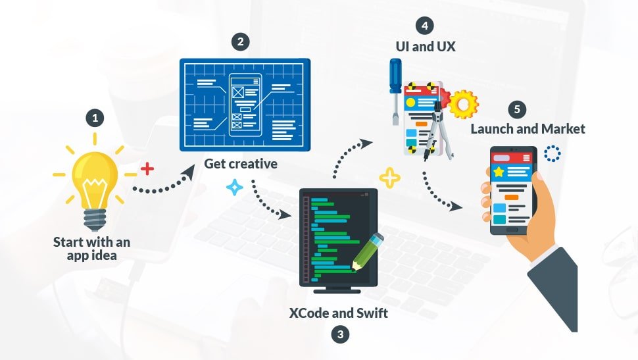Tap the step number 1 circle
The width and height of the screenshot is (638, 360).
pyautogui.click(x=95, y=118)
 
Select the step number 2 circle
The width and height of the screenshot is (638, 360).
pyautogui.click(x=241, y=41)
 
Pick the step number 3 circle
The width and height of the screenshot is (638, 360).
pyautogui.click(x=339, y=334)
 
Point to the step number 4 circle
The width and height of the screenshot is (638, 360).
pyautogui.click(x=424, y=26)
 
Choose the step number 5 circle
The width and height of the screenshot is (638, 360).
pyautogui.click(x=518, y=109)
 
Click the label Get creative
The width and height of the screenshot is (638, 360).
pyautogui.click(x=240, y=163)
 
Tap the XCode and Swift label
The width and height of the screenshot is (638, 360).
pyautogui.click(x=339, y=313)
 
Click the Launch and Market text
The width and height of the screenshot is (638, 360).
pyautogui.click(x=528, y=129)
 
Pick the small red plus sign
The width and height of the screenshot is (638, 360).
pyautogui.click(x=147, y=169)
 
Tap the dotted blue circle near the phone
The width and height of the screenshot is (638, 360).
pyautogui.click(x=552, y=153)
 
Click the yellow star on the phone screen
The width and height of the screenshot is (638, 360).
pyautogui.click(x=499, y=172)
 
